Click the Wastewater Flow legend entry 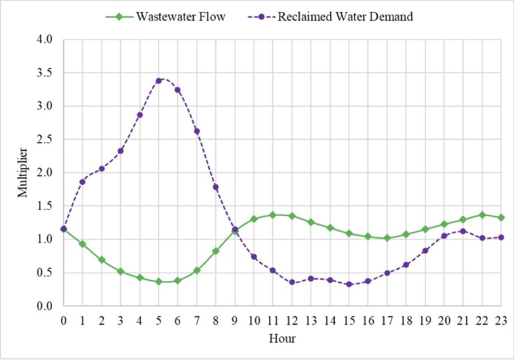(x=165, y=17)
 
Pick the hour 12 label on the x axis (x=292, y=319)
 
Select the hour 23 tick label (x=501, y=319)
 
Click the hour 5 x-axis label (x=159, y=319)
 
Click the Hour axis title (x=282, y=338)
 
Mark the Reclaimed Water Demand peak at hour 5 (x=159, y=80)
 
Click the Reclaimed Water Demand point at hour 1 (x=82, y=182)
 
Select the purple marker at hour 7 (x=197, y=132)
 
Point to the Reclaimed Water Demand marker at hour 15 (x=349, y=284)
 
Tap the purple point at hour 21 (x=463, y=231)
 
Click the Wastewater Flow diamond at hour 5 (x=159, y=282)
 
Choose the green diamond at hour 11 (x=273, y=215)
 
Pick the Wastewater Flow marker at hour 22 (x=482, y=215)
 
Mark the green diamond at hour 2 (x=101, y=260)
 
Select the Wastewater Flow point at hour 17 (x=387, y=238)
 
